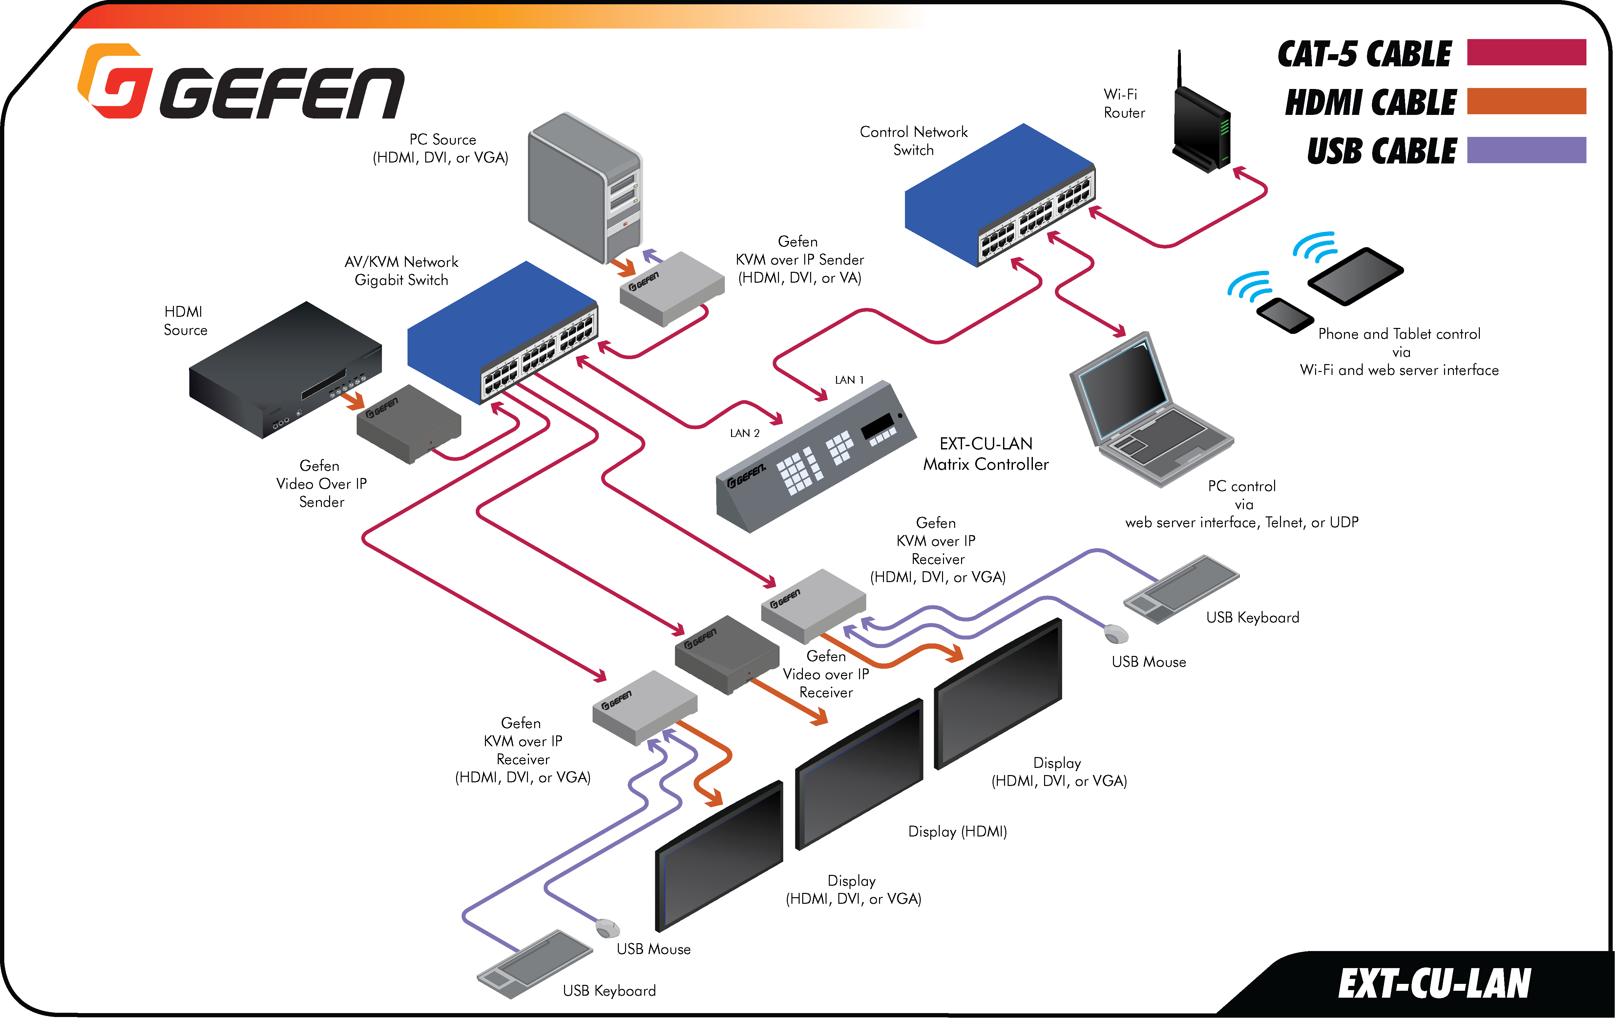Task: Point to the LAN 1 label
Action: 849,380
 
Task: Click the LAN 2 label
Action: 745,433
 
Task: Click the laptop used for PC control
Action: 1150,409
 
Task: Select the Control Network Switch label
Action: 913,141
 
